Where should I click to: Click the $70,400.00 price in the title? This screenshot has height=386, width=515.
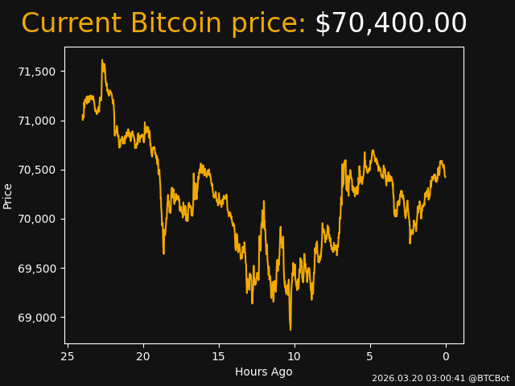click(x=390, y=24)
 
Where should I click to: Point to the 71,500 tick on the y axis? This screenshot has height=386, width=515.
click(x=37, y=72)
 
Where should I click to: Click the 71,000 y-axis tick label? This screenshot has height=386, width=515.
click(x=37, y=121)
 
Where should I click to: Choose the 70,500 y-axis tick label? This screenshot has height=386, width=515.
click(x=37, y=170)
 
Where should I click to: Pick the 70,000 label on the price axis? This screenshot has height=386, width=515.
click(x=37, y=219)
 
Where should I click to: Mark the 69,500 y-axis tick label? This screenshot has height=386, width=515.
click(x=37, y=268)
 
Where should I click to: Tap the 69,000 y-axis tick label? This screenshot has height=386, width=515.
click(x=37, y=317)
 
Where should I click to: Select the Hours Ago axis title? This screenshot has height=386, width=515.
click(x=264, y=372)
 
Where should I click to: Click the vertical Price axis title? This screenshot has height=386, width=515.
click(x=8, y=195)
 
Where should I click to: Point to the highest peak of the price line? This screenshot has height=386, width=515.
click(x=102, y=60)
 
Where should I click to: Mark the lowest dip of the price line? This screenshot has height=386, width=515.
click(x=290, y=329)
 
